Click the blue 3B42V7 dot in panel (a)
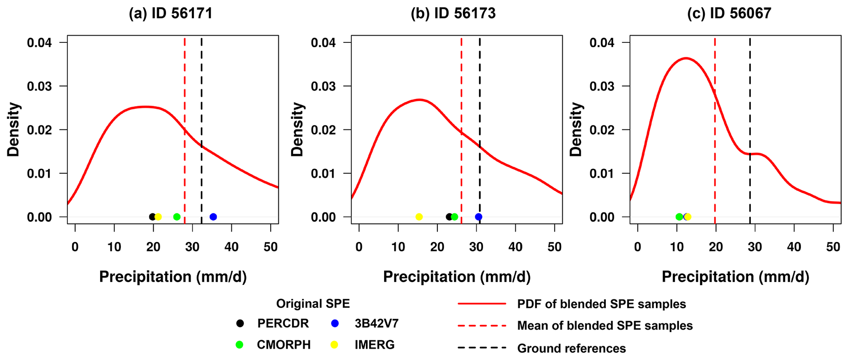[213, 217]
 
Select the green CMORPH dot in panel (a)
[177, 217]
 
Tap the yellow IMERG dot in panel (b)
[419, 217]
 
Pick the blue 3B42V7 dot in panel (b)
[479, 217]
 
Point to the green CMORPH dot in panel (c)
[679, 217]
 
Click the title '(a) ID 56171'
[171, 14]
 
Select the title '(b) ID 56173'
[453, 14]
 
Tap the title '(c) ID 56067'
[729, 14]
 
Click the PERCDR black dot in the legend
[240, 323]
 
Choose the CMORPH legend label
[284, 345]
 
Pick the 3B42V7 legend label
[377, 323]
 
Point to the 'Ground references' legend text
[571, 348]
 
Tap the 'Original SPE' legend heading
[313, 304]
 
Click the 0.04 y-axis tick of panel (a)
[41, 43]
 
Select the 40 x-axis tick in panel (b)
[515, 247]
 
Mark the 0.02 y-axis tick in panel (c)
[603, 130]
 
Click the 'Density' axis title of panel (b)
[297, 129]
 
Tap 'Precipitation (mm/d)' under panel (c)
[735, 277]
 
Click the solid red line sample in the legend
[482, 304]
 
